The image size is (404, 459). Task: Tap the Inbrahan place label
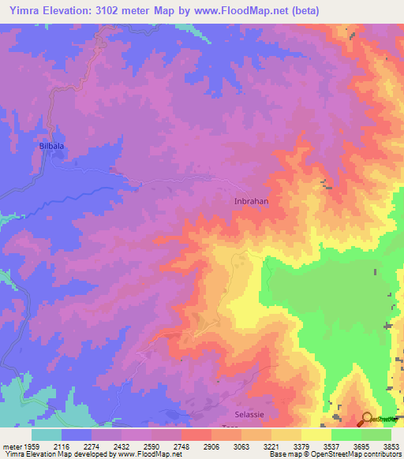pos(252,201)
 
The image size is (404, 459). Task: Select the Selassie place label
pos(252,414)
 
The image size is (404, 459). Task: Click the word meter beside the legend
pos(11,446)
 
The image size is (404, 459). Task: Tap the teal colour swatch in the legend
pos(47,435)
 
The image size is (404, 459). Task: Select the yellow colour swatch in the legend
pos(316,435)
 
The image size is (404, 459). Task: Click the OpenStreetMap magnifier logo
pos(367,420)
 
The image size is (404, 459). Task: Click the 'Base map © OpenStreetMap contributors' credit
pos(335,454)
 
